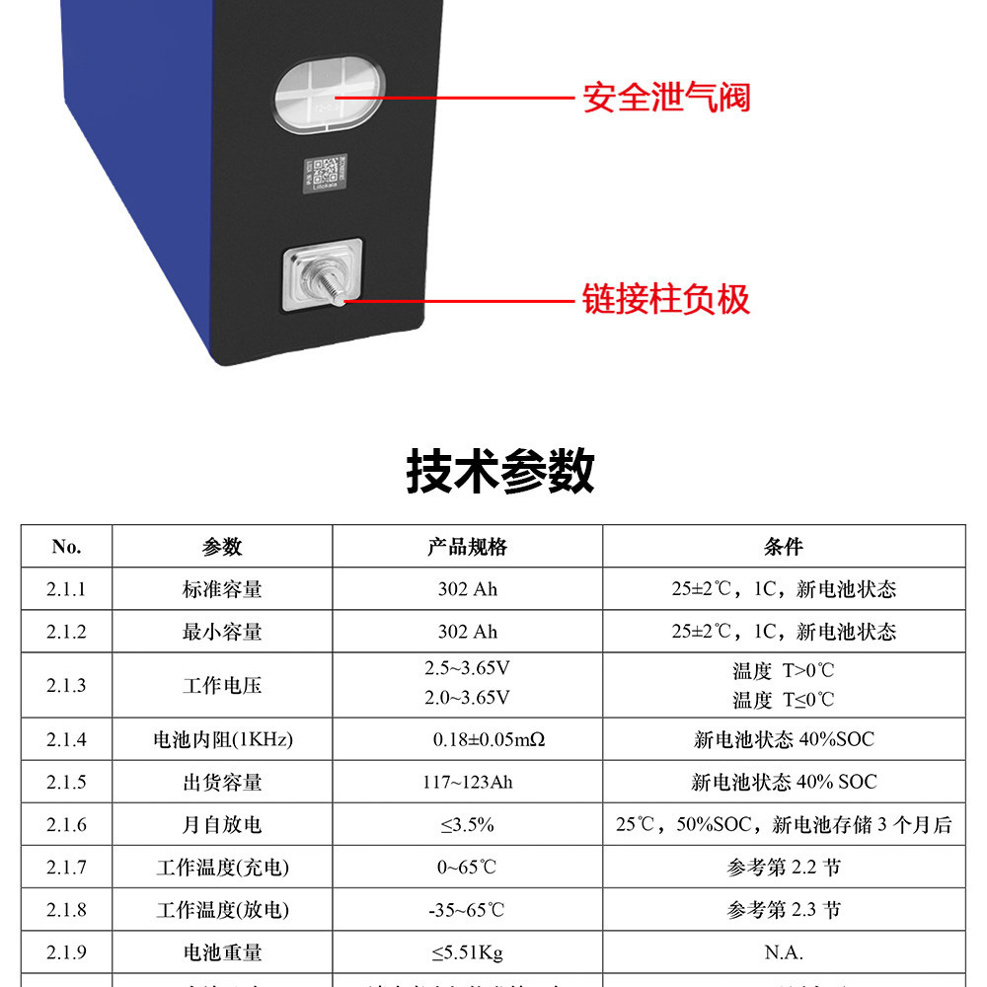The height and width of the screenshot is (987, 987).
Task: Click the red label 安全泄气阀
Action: click(x=666, y=98)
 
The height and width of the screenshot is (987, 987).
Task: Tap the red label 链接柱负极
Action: click(x=666, y=299)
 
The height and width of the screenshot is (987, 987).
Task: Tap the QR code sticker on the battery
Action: click(x=323, y=176)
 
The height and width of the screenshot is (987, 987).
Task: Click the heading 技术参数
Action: click(x=500, y=471)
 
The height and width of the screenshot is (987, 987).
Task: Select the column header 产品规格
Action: click(x=467, y=547)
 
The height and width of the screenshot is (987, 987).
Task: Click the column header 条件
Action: click(x=784, y=547)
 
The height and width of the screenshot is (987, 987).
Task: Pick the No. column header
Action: click(x=66, y=547)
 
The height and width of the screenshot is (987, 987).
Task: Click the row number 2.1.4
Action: click(x=66, y=739)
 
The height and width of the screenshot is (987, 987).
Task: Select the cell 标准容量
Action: click(x=222, y=589)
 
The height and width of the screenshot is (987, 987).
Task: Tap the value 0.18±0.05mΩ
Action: click(x=467, y=739)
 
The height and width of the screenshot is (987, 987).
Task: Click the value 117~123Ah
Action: click(x=467, y=783)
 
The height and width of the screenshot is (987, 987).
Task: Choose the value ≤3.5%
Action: click(x=467, y=825)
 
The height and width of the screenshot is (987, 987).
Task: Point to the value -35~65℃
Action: click(x=467, y=910)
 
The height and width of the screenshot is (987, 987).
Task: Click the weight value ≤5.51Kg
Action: click(x=467, y=952)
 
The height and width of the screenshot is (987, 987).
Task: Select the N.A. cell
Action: click(x=784, y=952)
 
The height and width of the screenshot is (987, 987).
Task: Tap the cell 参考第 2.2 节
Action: click(x=784, y=868)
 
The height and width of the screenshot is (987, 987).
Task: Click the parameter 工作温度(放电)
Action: click(x=222, y=910)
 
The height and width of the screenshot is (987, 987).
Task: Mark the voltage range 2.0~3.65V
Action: click(x=467, y=698)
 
